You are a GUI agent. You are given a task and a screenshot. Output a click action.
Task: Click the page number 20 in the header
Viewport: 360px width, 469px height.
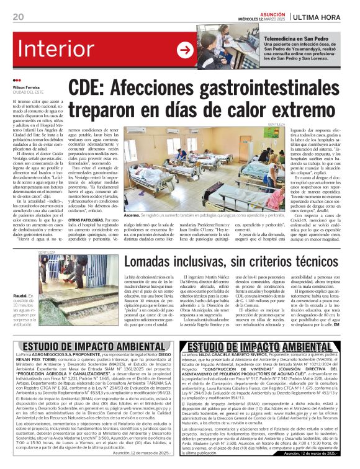[x=17, y=16]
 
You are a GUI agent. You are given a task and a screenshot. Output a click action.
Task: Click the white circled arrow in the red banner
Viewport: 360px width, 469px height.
[x=185, y=49]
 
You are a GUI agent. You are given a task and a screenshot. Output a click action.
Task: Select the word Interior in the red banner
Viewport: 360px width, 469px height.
[x=56, y=50]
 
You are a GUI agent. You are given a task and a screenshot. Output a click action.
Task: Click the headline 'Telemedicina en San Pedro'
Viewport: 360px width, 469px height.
[x=296, y=39]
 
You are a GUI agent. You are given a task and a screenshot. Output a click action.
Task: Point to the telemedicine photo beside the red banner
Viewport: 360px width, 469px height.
[x=227, y=47]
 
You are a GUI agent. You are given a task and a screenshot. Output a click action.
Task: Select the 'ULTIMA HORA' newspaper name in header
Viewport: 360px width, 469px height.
[x=332, y=16]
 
